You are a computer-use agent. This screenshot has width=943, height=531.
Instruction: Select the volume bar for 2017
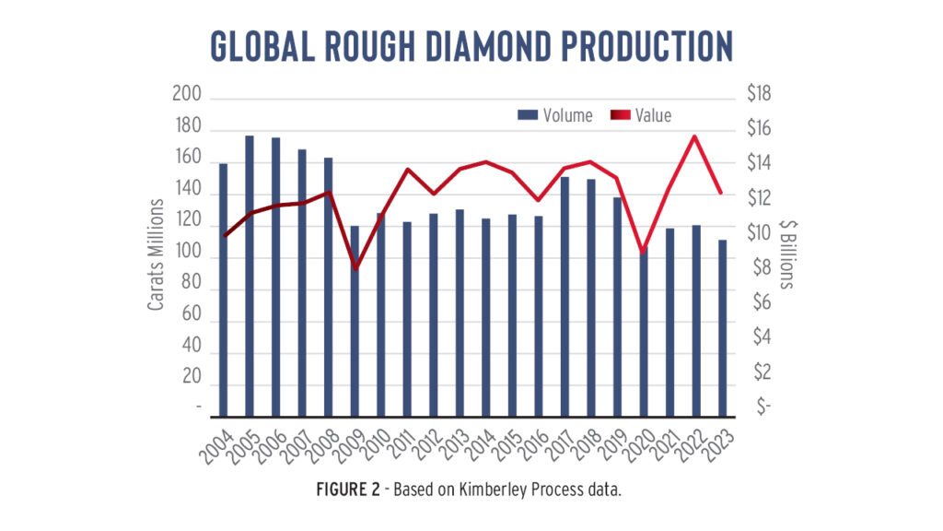565,295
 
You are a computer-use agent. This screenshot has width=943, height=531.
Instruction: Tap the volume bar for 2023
723,327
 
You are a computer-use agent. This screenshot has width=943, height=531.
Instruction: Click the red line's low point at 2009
355,268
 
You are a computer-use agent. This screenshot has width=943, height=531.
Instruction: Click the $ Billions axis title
787,254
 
